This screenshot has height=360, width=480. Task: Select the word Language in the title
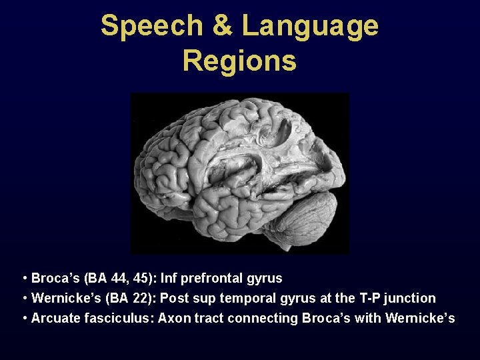(310, 27)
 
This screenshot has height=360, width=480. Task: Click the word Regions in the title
(239, 60)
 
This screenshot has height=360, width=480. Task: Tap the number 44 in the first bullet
(114, 279)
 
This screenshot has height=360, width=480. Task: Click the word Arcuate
(55, 319)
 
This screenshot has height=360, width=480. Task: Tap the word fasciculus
(119, 319)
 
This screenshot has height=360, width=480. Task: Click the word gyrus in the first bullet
(265, 279)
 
